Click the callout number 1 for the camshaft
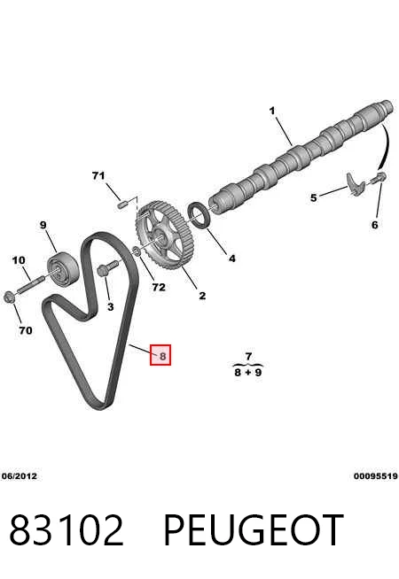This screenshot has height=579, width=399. click(x=272, y=111)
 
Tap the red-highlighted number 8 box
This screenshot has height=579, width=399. click(x=160, y=355)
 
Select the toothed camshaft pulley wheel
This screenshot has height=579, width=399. click(x=162, y=235)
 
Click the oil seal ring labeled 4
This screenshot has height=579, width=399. click(x=199, y=216)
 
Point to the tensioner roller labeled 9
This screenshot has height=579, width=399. click(x=62, y=269)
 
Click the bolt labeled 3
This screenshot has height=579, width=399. click(x=107, y=268)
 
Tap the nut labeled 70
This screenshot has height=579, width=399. click(x=9, y=297)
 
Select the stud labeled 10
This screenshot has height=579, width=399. click(x=31, y=285)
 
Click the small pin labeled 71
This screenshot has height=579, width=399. click(x=122, y=204)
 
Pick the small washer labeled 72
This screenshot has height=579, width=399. click(x=136, y=251)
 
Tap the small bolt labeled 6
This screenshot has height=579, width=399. click(x=379, y=178)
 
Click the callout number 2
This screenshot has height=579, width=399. click(x=202, y=296)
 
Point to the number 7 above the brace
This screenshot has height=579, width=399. click(x=248, y=356)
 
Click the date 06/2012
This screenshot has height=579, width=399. click(x=20, y=476)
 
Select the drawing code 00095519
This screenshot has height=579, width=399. click(x=376, y=476)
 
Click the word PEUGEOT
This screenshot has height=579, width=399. click(x=254, y=529)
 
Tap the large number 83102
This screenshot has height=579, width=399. click(x=66, y=529)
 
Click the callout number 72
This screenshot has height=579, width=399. click(x=159, y=287)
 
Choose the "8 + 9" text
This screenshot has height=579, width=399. click(x=247, y=372)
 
